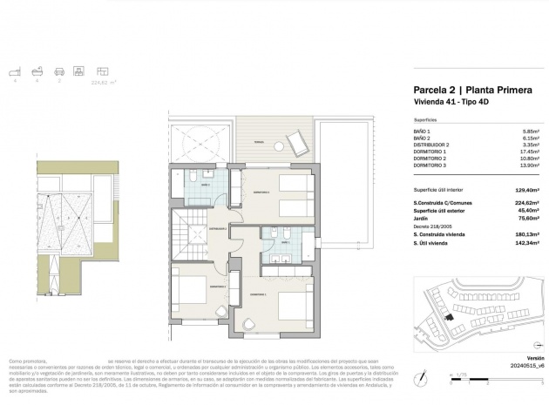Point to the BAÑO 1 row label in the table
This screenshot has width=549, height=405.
pos(422,131)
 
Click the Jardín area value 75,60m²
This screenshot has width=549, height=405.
pos(523,219)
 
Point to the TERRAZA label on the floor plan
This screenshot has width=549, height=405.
pos(259,141)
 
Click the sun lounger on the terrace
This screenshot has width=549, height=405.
pos(294,140)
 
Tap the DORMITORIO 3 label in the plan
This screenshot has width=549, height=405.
pos(261,191)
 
